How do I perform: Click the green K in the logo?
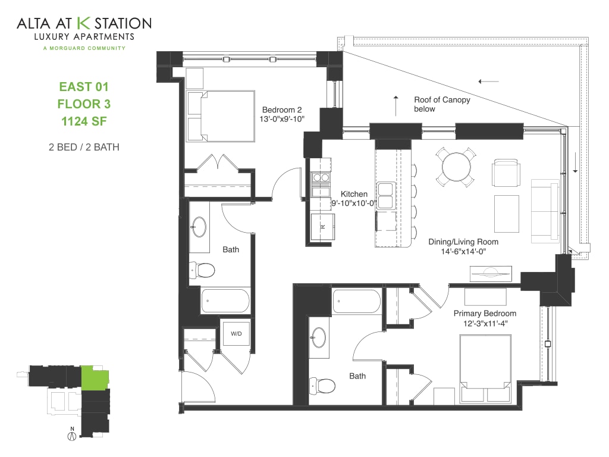(84, 23)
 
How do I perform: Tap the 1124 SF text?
(84, 123)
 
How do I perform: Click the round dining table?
(456, 166)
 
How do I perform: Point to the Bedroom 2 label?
(282, 109)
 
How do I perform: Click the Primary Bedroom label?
(485, 313)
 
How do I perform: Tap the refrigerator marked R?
(323, 227)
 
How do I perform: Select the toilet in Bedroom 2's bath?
(204, 270)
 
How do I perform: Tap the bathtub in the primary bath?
(356, 301)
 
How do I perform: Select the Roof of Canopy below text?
(442, 104)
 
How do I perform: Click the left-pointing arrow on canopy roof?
(488, 81)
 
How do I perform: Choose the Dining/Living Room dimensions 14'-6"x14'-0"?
(463, 252)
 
